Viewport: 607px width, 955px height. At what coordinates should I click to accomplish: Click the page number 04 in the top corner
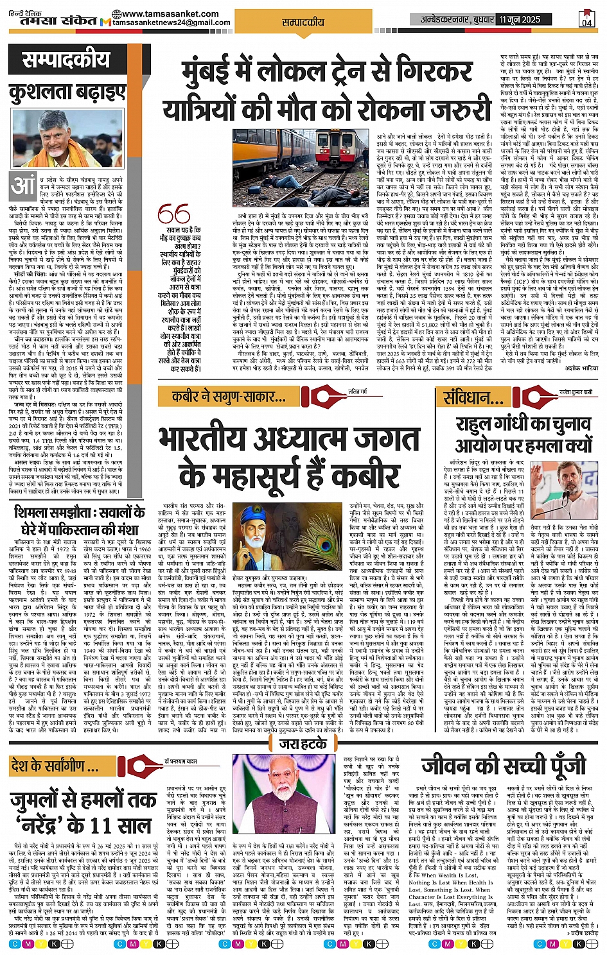coord(586,20)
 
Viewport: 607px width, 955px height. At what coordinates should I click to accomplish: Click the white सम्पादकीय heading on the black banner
coord(67,61)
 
